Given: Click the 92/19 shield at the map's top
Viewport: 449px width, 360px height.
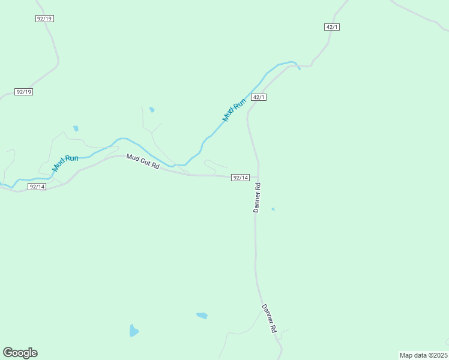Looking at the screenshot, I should [45, 19].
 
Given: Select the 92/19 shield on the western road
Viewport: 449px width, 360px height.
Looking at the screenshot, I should [24, 92].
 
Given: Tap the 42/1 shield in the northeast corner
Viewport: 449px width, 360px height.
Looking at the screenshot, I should [333, 27].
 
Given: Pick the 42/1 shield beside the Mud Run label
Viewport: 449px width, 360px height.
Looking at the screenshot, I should [259, 97].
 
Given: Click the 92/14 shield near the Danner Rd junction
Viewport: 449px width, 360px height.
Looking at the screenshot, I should [240, 178].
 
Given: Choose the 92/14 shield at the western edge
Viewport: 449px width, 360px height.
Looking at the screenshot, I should [37, 187].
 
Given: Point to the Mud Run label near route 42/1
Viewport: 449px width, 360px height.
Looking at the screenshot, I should [234, 110].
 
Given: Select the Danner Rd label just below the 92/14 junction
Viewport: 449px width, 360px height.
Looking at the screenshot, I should [257, 197].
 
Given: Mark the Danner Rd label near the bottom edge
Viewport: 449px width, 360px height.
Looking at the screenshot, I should [268, 318].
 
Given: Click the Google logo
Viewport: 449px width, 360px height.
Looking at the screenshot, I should [20, 353].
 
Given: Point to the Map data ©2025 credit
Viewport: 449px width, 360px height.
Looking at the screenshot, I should [423, 355].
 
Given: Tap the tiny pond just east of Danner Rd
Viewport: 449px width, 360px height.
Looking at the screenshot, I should [273, 209].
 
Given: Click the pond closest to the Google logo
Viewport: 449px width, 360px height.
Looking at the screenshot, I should [133, 331].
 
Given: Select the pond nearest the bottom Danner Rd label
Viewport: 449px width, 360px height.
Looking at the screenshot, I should [202, 316].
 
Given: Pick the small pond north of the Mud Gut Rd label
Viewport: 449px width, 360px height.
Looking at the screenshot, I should [152, 110].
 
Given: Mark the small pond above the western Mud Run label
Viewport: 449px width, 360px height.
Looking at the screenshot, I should [76, 128].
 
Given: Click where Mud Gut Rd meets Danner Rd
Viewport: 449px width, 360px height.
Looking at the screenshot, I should [258, 178].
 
